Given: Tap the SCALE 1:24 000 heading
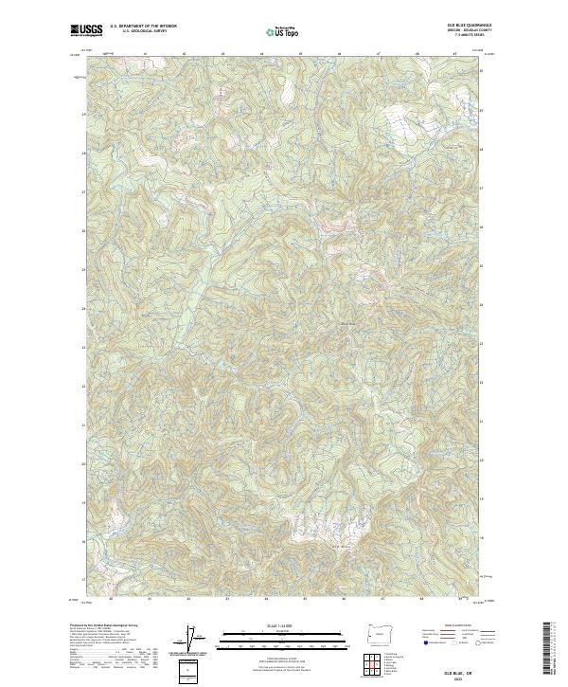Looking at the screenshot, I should click(x=283, y=626).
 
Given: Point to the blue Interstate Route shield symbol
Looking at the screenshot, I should click(x=427, y=642).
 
